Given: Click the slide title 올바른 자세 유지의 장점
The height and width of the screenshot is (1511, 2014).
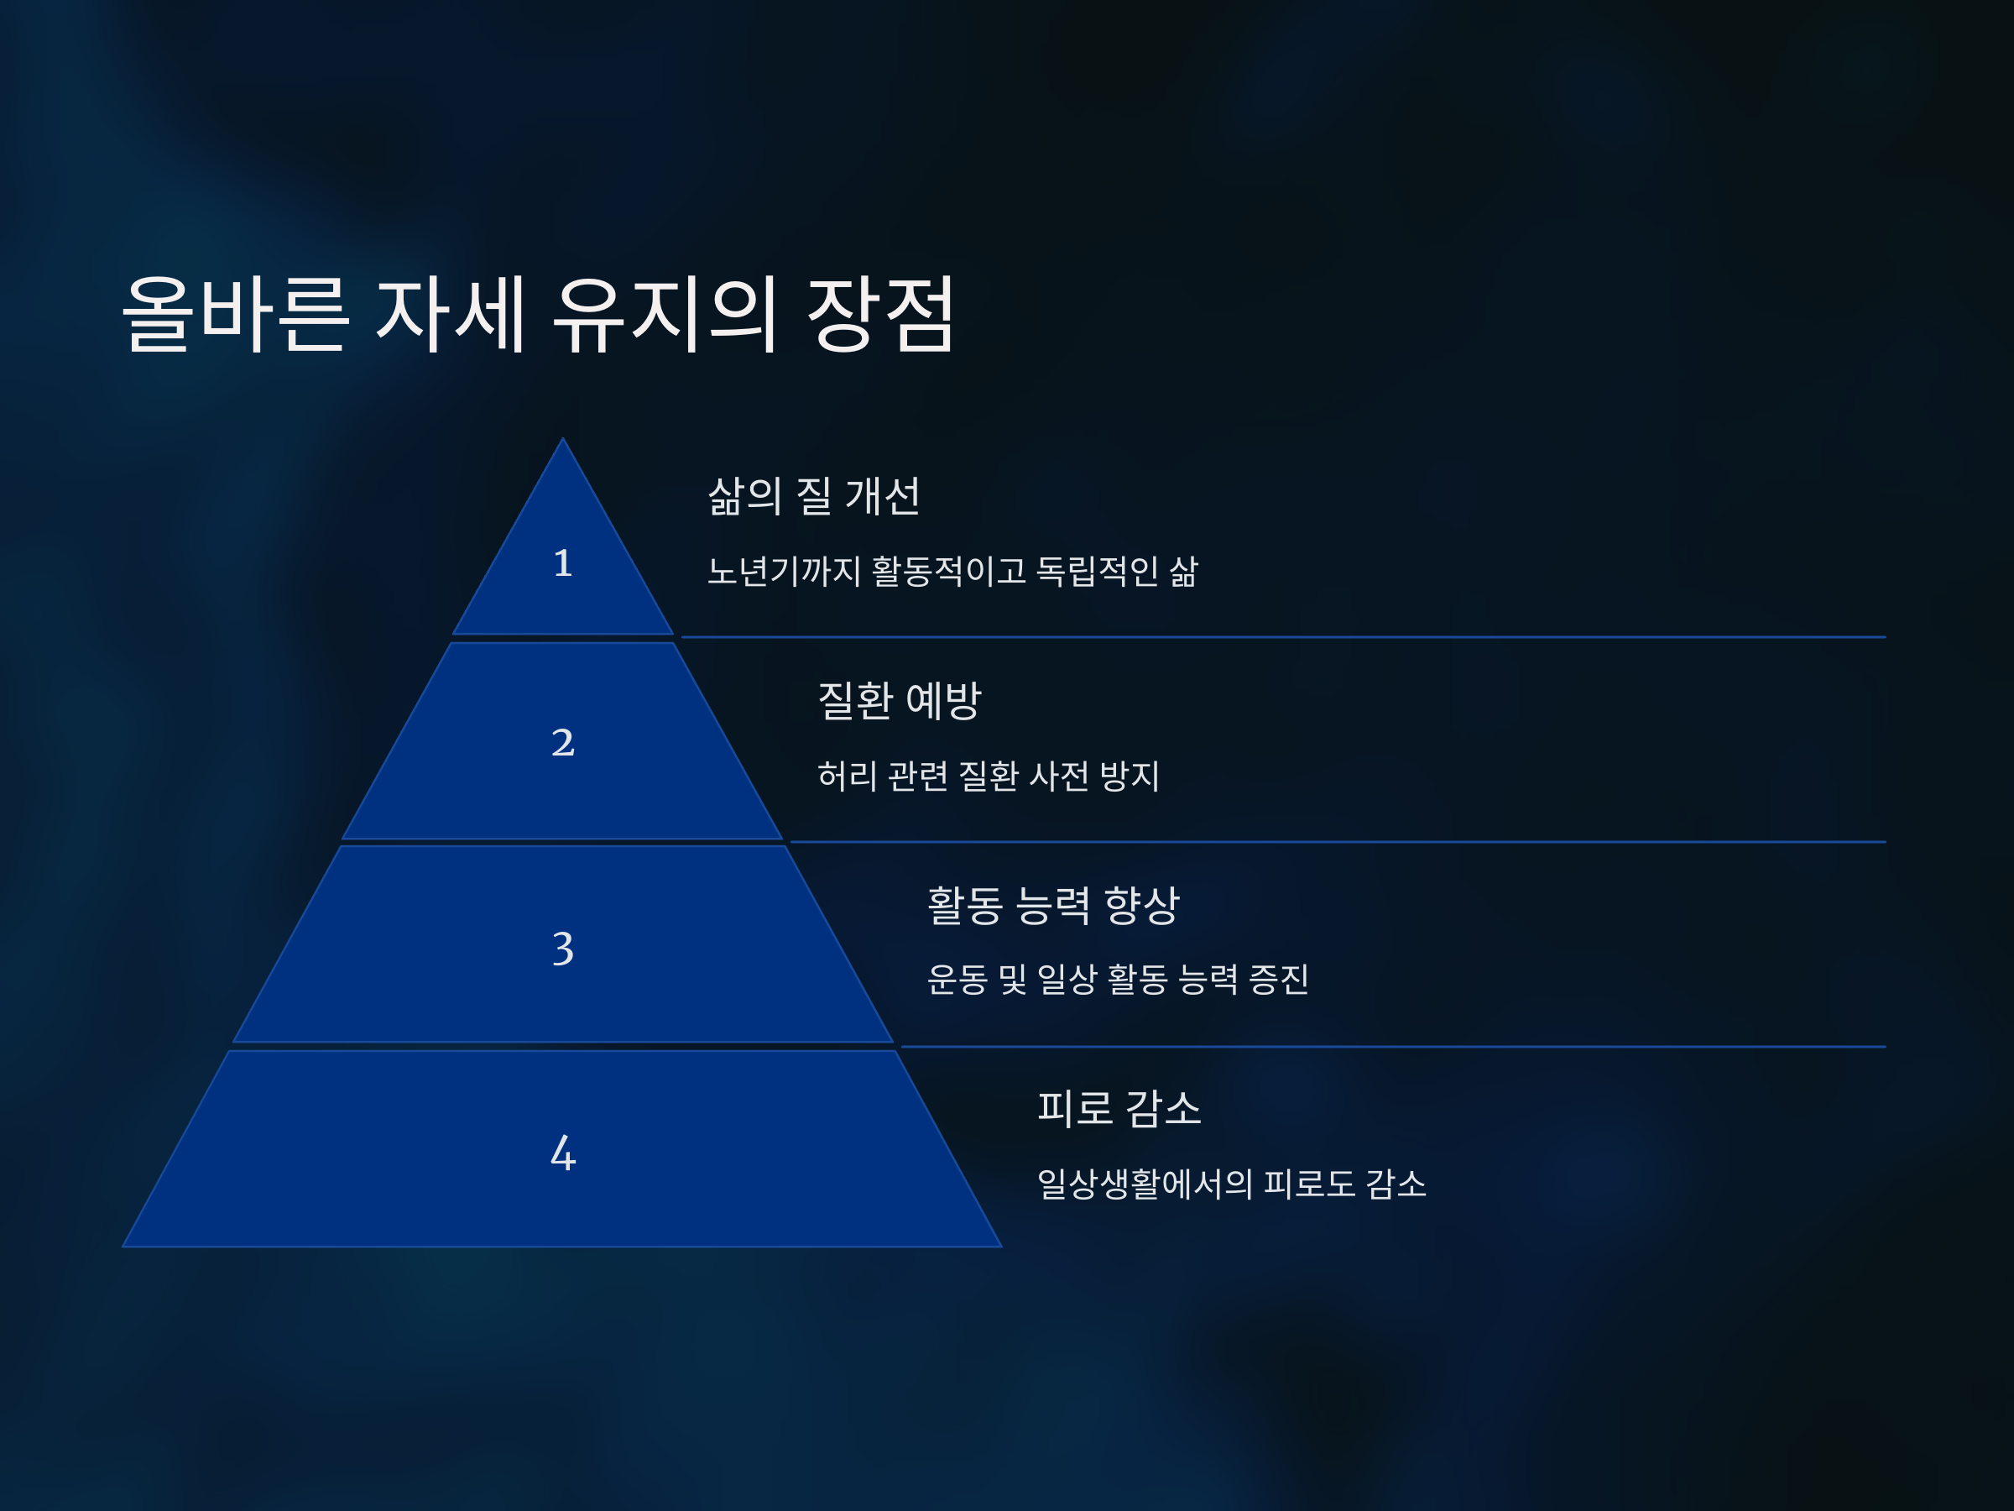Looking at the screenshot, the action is point(539,314).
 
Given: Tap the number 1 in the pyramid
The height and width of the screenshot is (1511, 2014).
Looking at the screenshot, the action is point(563,563).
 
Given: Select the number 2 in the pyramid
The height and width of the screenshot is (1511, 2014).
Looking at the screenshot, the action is point(563,742).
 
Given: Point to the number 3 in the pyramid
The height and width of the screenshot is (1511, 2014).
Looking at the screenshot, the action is point(563,948).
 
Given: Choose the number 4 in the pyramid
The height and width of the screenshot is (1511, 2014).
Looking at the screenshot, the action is point(563,1153).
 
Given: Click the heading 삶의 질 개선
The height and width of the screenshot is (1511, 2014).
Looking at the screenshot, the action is point(813,497).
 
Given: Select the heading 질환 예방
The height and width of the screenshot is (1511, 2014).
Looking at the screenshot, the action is point(900,701).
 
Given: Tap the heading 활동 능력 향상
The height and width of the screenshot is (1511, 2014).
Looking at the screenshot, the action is point(1052,905).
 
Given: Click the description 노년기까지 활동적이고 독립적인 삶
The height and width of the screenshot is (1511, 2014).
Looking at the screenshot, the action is point(952,572).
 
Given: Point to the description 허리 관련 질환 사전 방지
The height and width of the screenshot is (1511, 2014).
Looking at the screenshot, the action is point(988,776).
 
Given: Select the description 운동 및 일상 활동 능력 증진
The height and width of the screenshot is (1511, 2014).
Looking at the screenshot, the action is point(1117,980).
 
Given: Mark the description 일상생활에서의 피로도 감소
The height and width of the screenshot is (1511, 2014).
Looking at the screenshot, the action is point(1231,1184).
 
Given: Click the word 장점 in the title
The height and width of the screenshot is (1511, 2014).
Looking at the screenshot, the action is point(880,314).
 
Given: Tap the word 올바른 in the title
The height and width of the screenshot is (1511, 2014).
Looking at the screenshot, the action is point(235,314).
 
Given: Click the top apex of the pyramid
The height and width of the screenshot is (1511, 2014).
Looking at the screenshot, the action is point(563,442).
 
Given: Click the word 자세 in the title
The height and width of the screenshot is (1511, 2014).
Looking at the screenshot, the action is point(451,314).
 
